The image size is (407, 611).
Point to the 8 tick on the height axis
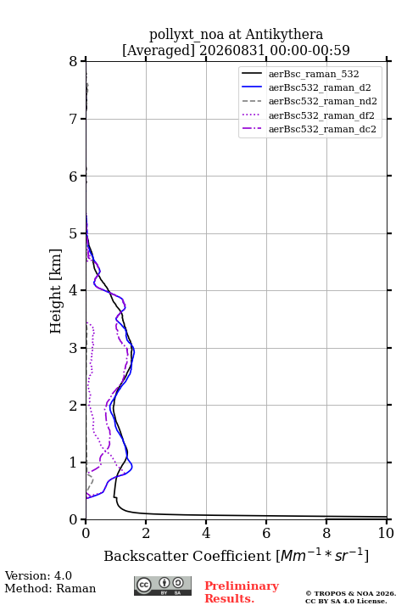[x=73, y=61]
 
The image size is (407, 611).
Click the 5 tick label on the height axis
[x=73, y=233]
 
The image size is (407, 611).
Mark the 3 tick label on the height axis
[x=73, y=348]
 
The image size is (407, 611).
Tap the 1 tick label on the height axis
[x=73, y=462]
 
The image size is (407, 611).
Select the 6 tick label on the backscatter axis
[x=266, y=533]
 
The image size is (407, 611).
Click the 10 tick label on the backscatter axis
[x=386, y=533]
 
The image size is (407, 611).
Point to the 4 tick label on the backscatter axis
[x=206, y=533]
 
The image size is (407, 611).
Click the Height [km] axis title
[x=56, y=291]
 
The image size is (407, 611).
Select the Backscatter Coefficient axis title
[x=236, y=555]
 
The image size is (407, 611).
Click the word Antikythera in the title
[x=284, y=35]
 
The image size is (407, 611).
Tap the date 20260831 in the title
[x=232, y=50]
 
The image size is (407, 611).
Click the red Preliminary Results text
[x=242, y=592]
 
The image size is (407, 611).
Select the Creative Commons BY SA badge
[x=163, y=586]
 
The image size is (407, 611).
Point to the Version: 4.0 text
[x=38, y=575]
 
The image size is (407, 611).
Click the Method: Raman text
[x=50, y=588]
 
